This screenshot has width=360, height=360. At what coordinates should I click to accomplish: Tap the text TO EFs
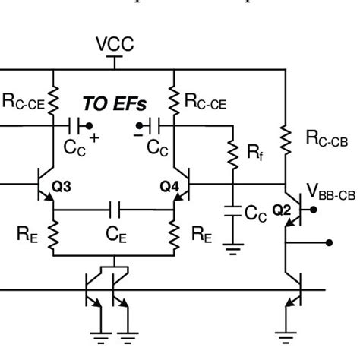coord(115,102)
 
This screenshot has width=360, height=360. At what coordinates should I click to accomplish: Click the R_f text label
coord(255,154)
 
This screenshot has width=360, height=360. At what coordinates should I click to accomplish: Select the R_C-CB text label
coord(327,137)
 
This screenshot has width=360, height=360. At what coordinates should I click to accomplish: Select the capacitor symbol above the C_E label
coord(115,207)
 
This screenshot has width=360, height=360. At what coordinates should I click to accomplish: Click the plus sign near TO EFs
coord(95,137)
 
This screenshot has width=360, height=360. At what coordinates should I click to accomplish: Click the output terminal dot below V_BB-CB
coord(329,243)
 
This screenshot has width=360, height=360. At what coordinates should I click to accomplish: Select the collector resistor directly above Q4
coord(175,97)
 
